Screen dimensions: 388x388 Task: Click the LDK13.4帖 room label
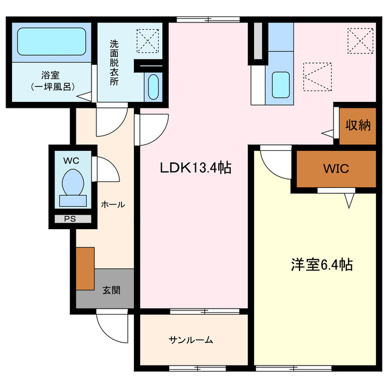[195, 168]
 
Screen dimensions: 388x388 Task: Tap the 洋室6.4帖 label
[321, 265]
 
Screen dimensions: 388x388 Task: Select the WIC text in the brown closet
[335, 169]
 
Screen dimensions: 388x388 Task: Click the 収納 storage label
[358, 125]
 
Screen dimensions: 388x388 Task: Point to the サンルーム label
[191, 340]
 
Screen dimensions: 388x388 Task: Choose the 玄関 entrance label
[111, 289]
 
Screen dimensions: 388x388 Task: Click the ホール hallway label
[113, 204]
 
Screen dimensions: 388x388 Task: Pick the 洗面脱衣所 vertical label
[114, 63]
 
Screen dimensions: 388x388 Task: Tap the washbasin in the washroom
[152, 87]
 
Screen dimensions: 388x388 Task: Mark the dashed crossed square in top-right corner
[359, 41]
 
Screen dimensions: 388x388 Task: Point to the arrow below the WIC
[349, 199]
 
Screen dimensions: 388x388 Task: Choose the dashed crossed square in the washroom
[145, 41]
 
